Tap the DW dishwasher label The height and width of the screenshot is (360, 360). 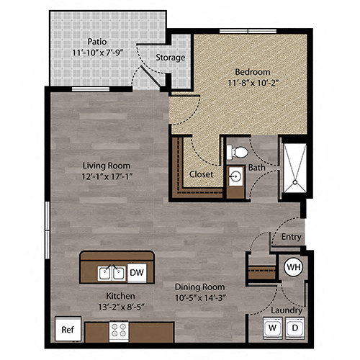137,271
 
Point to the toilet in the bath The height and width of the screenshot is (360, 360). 236,152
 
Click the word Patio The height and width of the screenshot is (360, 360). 99,41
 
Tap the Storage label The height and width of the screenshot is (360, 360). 171,58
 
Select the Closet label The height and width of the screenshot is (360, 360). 200,174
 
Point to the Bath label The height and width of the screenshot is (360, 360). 257,168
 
